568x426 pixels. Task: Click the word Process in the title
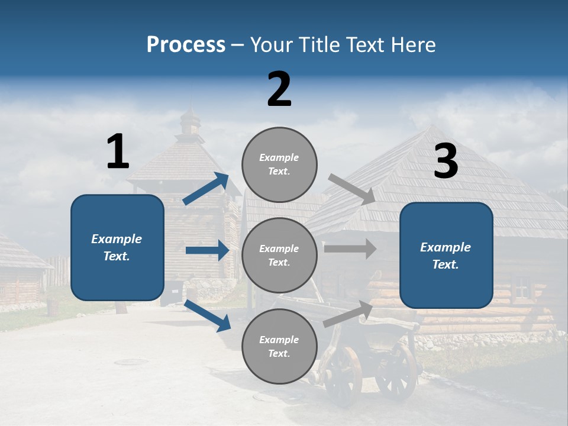186,45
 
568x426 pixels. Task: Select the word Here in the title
412,45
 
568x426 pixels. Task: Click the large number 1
118,151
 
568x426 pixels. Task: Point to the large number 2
279,89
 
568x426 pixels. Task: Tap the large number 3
446,162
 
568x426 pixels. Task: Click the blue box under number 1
117,247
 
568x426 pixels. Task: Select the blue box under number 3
446,255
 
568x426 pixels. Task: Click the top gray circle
279,164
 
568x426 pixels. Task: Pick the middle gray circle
279,256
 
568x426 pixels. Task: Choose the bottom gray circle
279,346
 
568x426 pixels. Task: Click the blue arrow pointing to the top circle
206,189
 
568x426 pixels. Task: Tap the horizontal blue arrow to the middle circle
207,250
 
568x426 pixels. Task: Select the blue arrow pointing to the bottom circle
208,315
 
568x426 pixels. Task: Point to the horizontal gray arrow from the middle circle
350,248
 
